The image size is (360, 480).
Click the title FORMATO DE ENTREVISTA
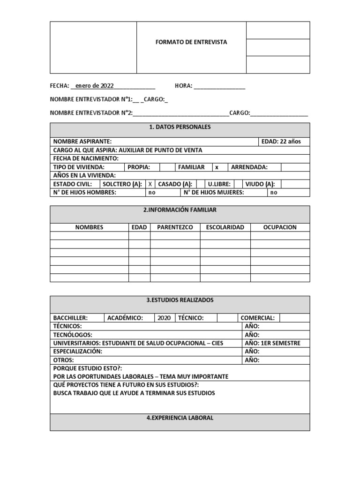191,42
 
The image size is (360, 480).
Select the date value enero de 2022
94,86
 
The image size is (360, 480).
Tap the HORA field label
183,86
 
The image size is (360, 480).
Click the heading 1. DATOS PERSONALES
180,127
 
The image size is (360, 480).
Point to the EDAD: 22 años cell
284,141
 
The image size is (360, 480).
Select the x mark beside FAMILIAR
217,167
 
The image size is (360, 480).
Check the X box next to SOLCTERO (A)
150,184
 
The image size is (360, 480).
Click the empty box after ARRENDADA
295,167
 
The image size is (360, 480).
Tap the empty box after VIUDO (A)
295,184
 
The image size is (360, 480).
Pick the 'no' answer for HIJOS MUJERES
274,192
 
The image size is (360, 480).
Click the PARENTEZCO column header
175,227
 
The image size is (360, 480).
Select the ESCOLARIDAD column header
225,227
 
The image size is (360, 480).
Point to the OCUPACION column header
280,227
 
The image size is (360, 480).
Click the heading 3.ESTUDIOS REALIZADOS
180,300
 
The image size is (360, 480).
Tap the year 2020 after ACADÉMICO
164,317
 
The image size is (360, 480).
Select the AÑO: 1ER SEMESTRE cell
272,343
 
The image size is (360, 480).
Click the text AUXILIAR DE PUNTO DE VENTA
161,150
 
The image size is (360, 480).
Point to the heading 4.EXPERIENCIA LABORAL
180,418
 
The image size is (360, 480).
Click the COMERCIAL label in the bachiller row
257,317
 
